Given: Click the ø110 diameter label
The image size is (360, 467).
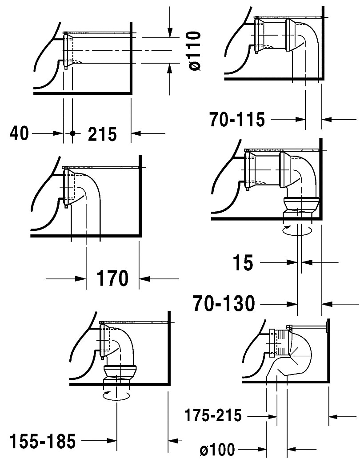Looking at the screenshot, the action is point(195,51).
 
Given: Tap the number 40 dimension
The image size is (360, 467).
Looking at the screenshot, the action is point(20,133).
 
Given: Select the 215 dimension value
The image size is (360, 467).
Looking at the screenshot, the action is point(102,134).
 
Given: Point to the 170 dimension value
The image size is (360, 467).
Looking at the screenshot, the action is point(112,278).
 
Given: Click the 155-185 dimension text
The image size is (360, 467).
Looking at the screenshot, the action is point(43,441).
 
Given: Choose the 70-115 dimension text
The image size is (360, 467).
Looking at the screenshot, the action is point(237,120).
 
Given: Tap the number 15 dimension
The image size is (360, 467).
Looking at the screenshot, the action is point(243,263).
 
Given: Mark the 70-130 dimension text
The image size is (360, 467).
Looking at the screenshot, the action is point(224,304).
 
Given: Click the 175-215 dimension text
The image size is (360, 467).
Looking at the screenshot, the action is point(213,415).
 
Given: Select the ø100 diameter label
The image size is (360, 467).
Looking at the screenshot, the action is point(217,449).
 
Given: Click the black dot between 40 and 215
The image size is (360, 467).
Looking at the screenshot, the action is point(72,133).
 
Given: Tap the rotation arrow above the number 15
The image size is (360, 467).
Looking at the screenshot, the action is point(297,230).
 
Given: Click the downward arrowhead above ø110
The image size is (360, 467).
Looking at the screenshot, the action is point(169,33).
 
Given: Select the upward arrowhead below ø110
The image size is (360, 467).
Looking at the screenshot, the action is point(169,68).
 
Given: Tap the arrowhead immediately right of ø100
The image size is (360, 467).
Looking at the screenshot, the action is point(292,449).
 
